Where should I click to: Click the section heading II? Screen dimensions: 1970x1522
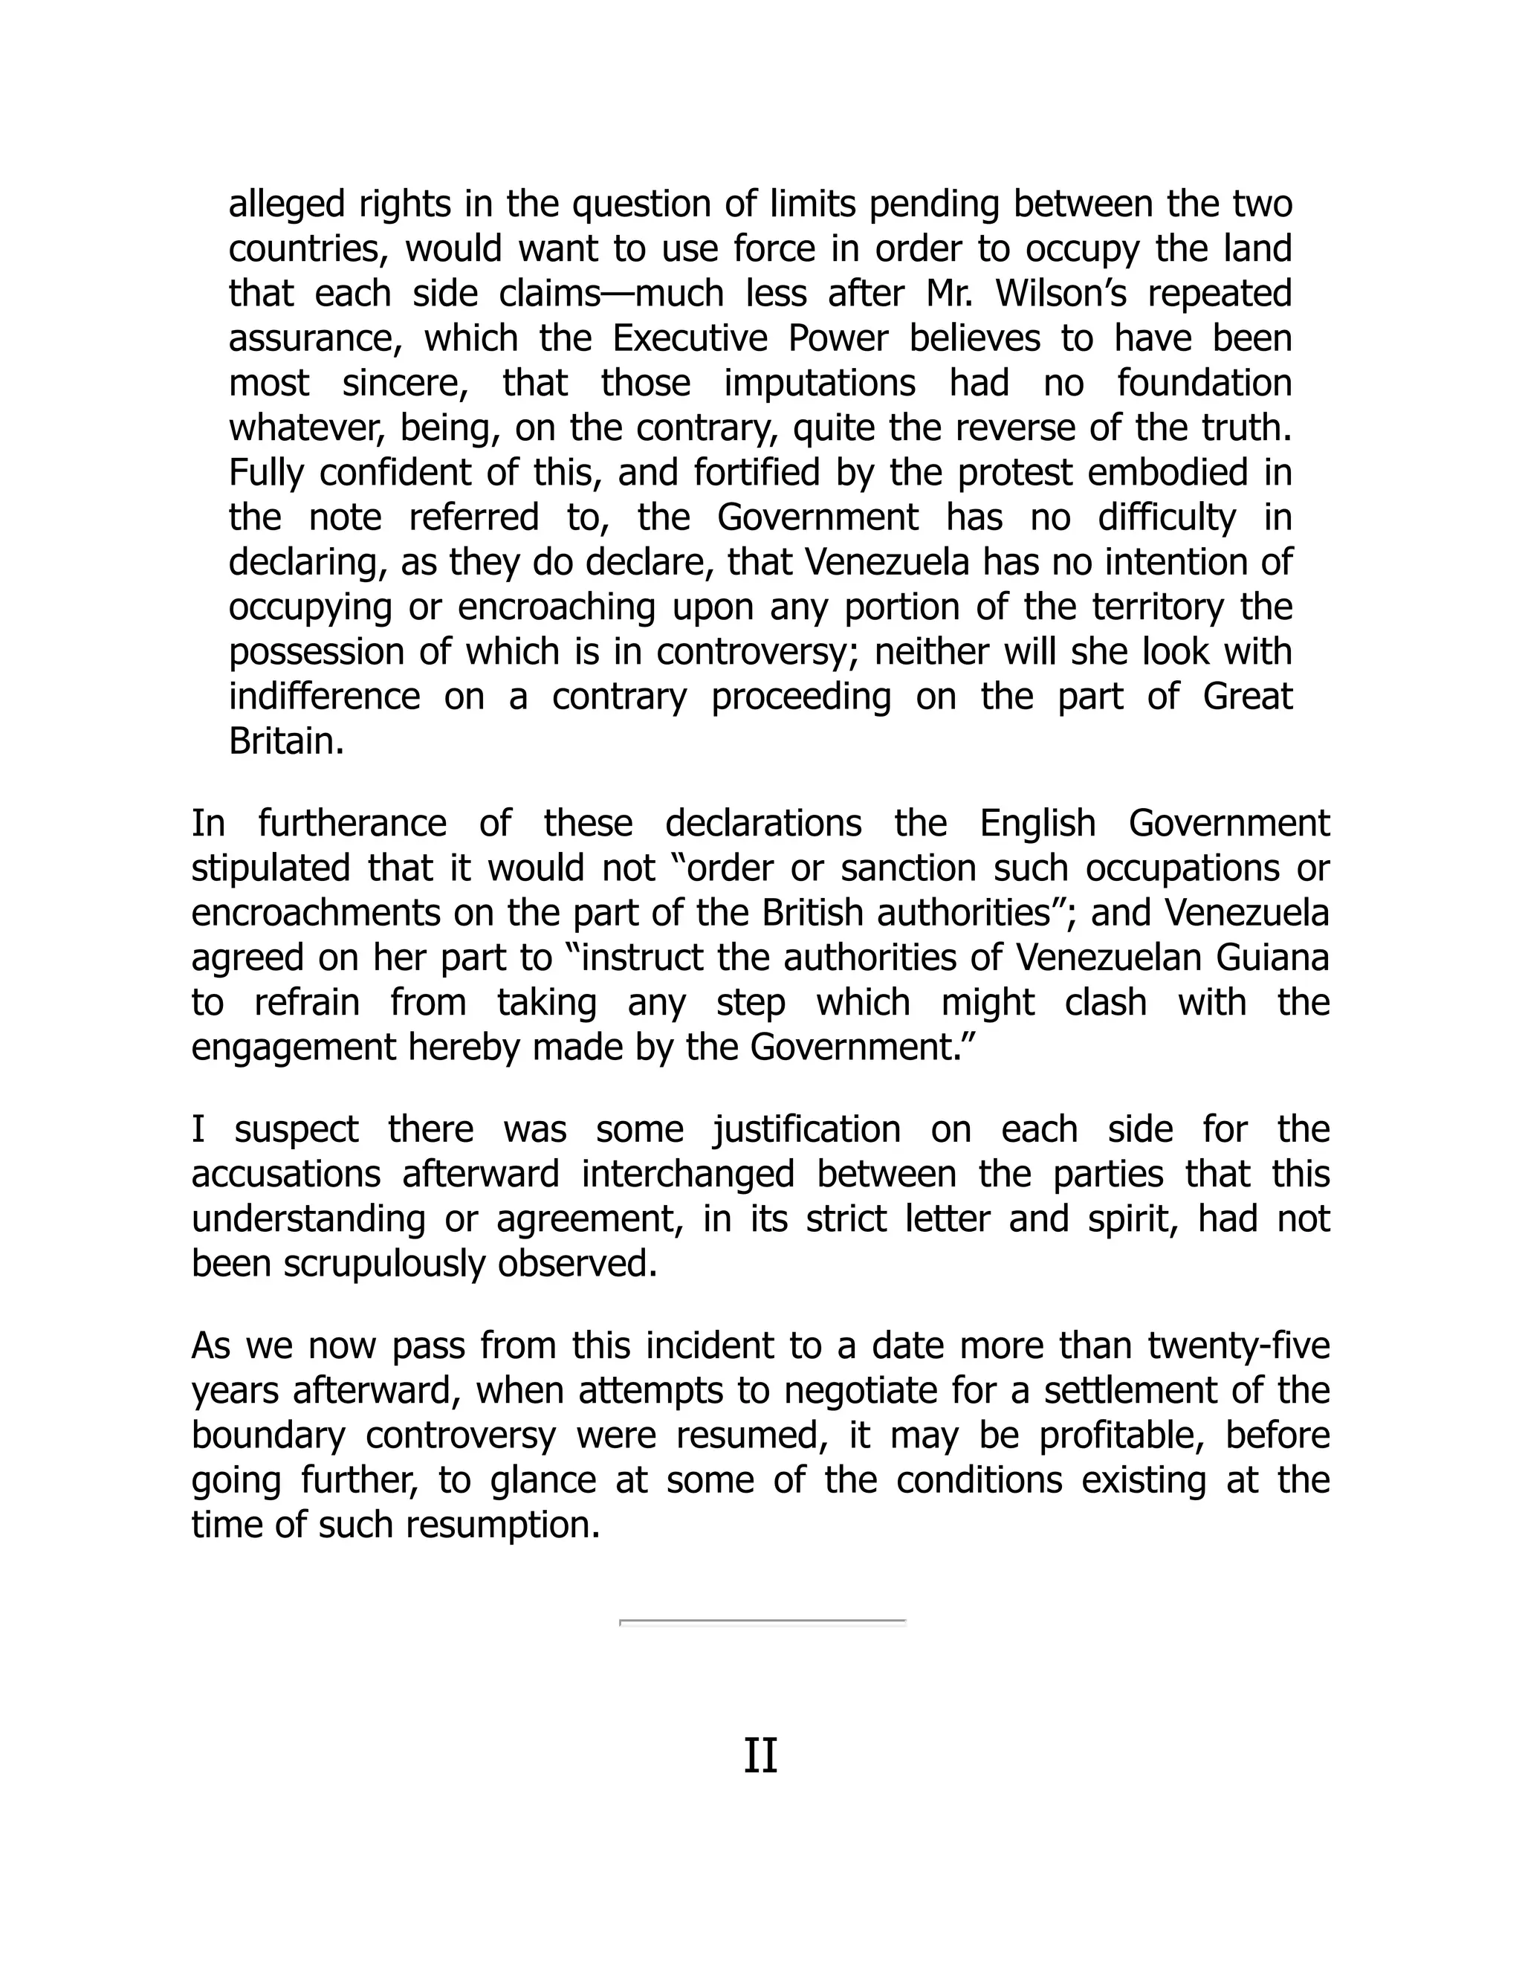point(760,1757)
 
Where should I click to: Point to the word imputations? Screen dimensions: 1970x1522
point(820,384)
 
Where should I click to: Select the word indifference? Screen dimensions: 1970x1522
point(324,697)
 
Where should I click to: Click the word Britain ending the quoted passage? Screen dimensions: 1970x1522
point(286,741)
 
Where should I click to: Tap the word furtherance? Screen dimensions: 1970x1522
point(352,824)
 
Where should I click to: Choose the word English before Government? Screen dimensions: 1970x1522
point(1037,824)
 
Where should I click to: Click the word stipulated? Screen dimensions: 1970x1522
point(271,868)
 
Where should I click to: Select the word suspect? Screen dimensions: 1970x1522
point(297,1130)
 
